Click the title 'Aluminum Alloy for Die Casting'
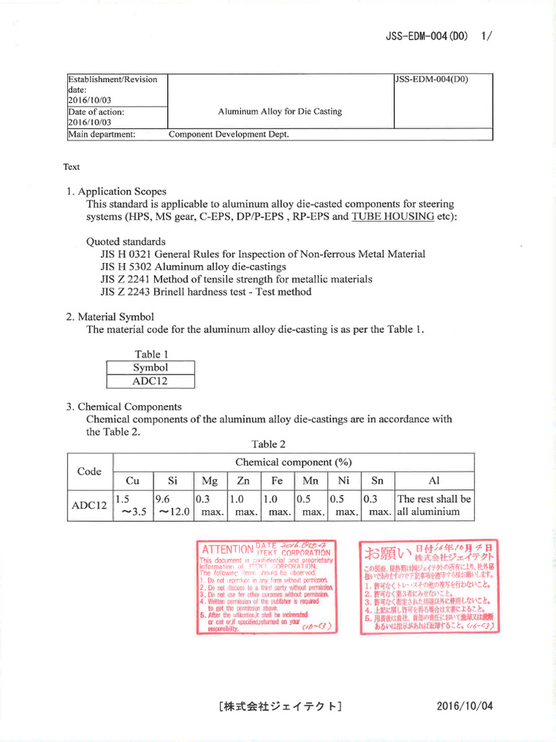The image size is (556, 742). [279, 112]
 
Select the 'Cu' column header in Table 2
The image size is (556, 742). [132, 480]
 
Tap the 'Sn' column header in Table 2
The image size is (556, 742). [376, 480]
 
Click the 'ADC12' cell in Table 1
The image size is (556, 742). [150, 381]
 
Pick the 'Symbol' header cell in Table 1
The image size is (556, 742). [150, 367]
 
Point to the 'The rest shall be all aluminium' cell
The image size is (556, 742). [434, 505]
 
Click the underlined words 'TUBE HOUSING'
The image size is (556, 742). [393, 217]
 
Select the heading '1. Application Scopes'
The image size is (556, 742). [117, 192]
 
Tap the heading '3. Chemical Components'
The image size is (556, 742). [124, 407]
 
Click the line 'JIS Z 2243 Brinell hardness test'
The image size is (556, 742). [206, 292]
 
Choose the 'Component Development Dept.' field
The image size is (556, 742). [229, 134]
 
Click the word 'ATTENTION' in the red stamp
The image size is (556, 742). [226, 549]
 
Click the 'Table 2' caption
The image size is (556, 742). [269, 444]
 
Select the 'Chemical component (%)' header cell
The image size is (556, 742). [293, 462]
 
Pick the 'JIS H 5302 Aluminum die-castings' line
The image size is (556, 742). [184, 267]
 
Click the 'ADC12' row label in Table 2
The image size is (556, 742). [90, 505]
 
